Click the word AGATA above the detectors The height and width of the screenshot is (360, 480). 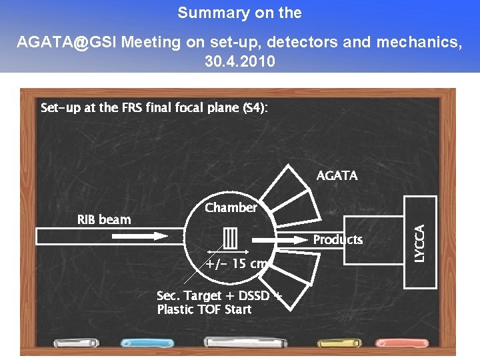tap(337, 175)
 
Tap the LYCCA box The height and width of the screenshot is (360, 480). tap(421, 242)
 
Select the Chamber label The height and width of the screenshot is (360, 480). tap(231, 207)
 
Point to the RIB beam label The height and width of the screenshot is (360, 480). tap(104, 219)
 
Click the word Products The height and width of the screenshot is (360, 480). tap(338, 239)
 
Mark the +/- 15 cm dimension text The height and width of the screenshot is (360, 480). tap(235, 263)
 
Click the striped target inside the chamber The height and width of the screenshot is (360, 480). tap(231, 237)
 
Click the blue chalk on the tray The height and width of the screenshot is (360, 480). tap(145, 343)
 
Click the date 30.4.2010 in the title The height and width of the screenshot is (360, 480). tap(239, 61)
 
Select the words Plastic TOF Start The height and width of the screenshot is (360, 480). tap(204, 309)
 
